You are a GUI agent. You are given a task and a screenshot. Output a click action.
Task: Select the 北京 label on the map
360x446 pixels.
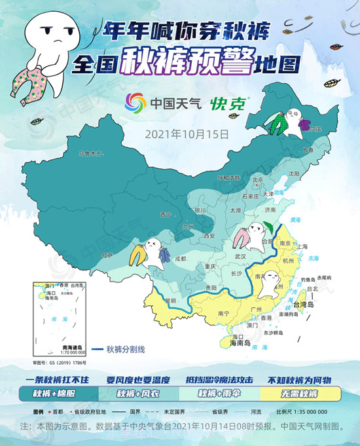257,181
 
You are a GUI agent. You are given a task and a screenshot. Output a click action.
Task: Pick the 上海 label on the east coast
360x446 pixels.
302,247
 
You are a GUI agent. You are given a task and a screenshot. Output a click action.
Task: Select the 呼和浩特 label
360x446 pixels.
227,177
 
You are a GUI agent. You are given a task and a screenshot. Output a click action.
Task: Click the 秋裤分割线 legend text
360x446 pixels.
127,350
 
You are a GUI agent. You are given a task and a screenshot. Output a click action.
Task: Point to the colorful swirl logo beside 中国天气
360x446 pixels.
136,103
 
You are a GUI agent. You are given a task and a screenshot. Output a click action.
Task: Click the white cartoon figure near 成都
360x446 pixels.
153,251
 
